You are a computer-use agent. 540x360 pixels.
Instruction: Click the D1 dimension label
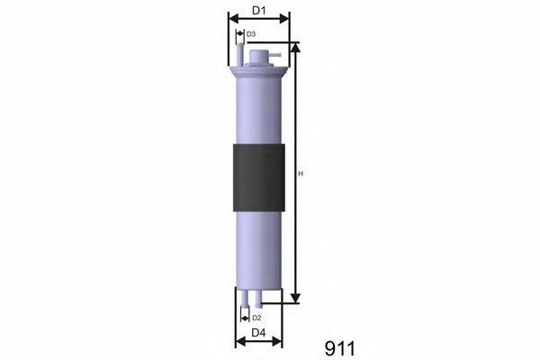pos(258,11)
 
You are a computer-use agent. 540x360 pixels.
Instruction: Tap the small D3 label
pos(251,34)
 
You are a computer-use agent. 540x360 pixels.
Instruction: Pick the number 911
pos(339,347)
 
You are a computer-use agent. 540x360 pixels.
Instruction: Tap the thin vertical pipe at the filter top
pos(240,55)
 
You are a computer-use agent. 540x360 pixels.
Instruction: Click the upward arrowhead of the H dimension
pos(295,47)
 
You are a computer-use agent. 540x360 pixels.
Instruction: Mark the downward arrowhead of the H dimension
pos(295,298)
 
